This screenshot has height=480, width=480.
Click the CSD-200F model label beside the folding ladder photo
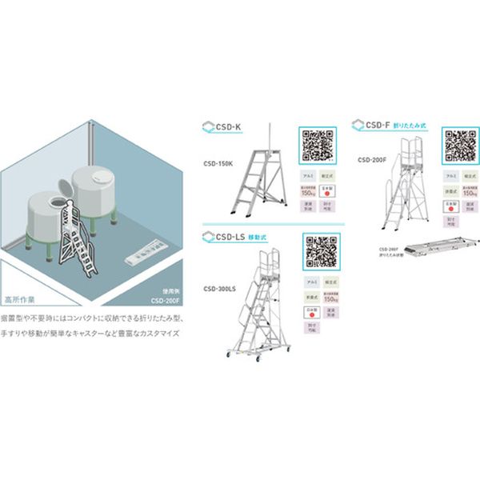pos(374,159)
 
